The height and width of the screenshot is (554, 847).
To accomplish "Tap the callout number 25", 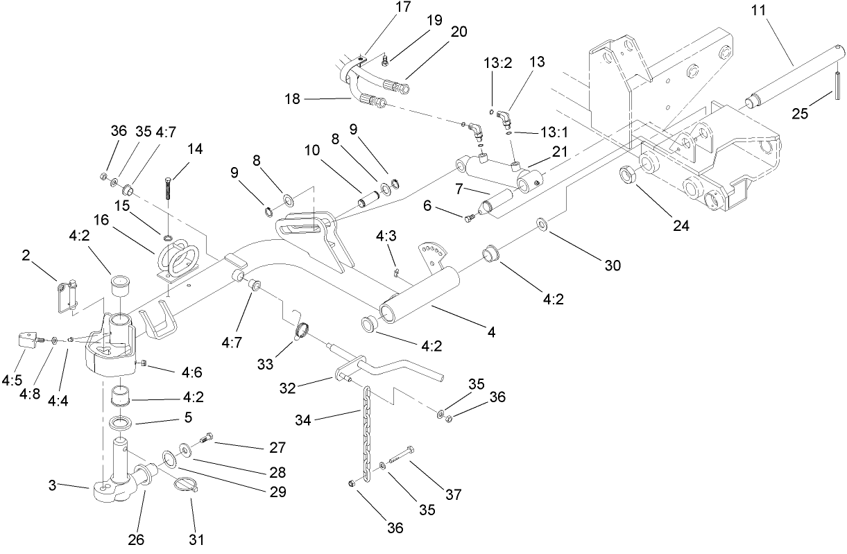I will coord(801,114).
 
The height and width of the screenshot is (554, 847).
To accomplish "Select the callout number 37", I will coord(454,494).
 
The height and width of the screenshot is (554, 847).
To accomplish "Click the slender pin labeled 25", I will coord(837,85).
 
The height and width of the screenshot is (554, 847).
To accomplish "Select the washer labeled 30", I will coord(540,223).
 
